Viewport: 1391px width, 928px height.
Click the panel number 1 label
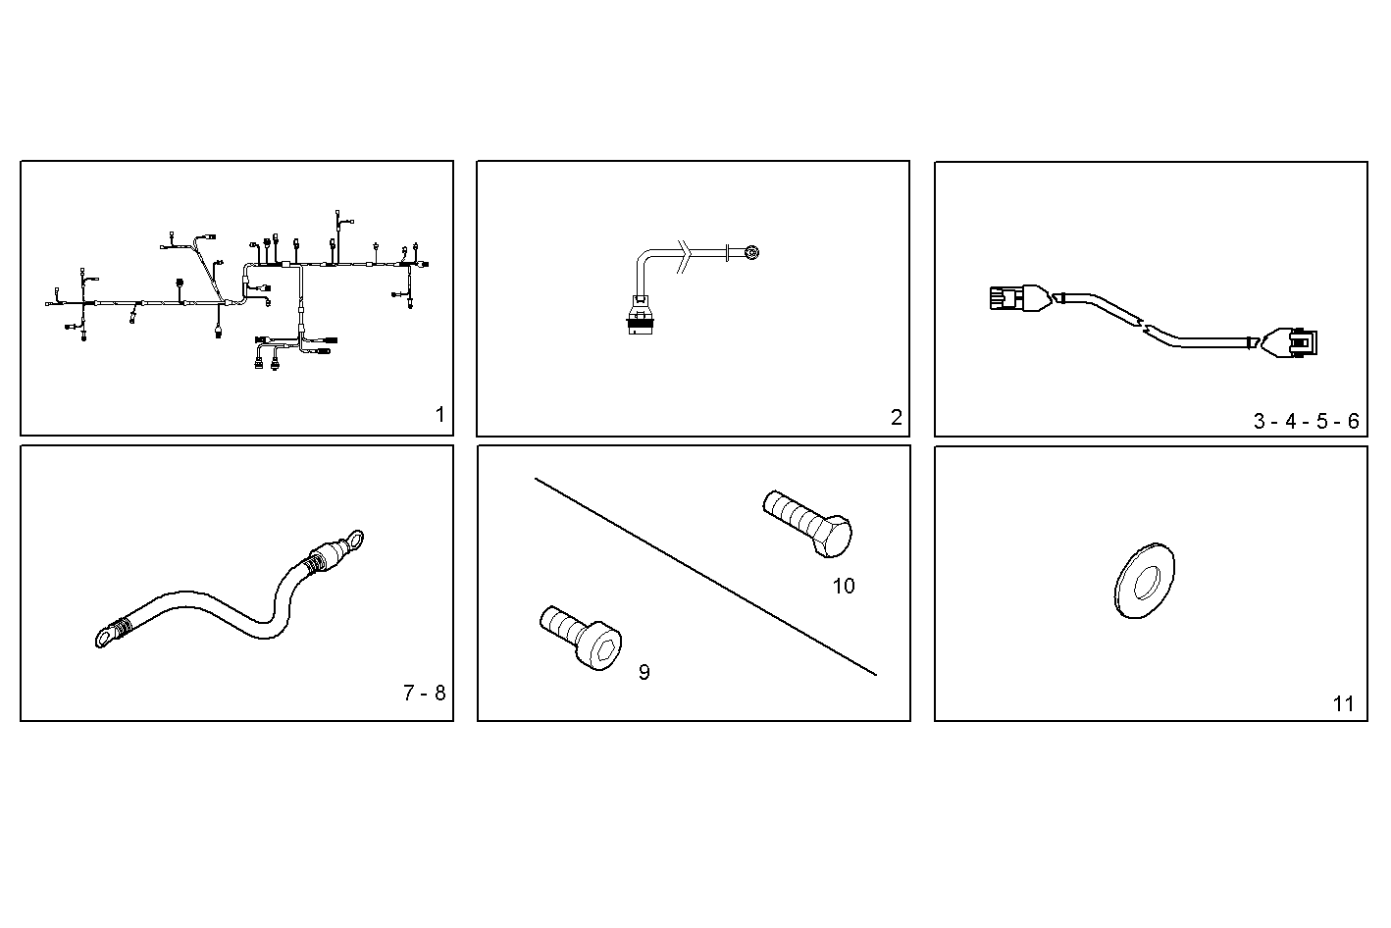coord(439,415)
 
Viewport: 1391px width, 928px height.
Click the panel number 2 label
coord(896,417)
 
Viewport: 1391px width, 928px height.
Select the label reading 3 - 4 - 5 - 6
coord(1306,422)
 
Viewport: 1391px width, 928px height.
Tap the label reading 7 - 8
coord(424,693)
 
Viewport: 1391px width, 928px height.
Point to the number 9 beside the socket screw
coord(644,672)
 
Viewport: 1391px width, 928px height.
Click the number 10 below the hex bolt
coord(843,587)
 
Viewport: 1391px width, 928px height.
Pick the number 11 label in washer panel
coord(1343,703)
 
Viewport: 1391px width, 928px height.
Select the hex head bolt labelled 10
coord(806,521)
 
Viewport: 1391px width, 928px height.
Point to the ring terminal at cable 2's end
coord(751,252)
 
